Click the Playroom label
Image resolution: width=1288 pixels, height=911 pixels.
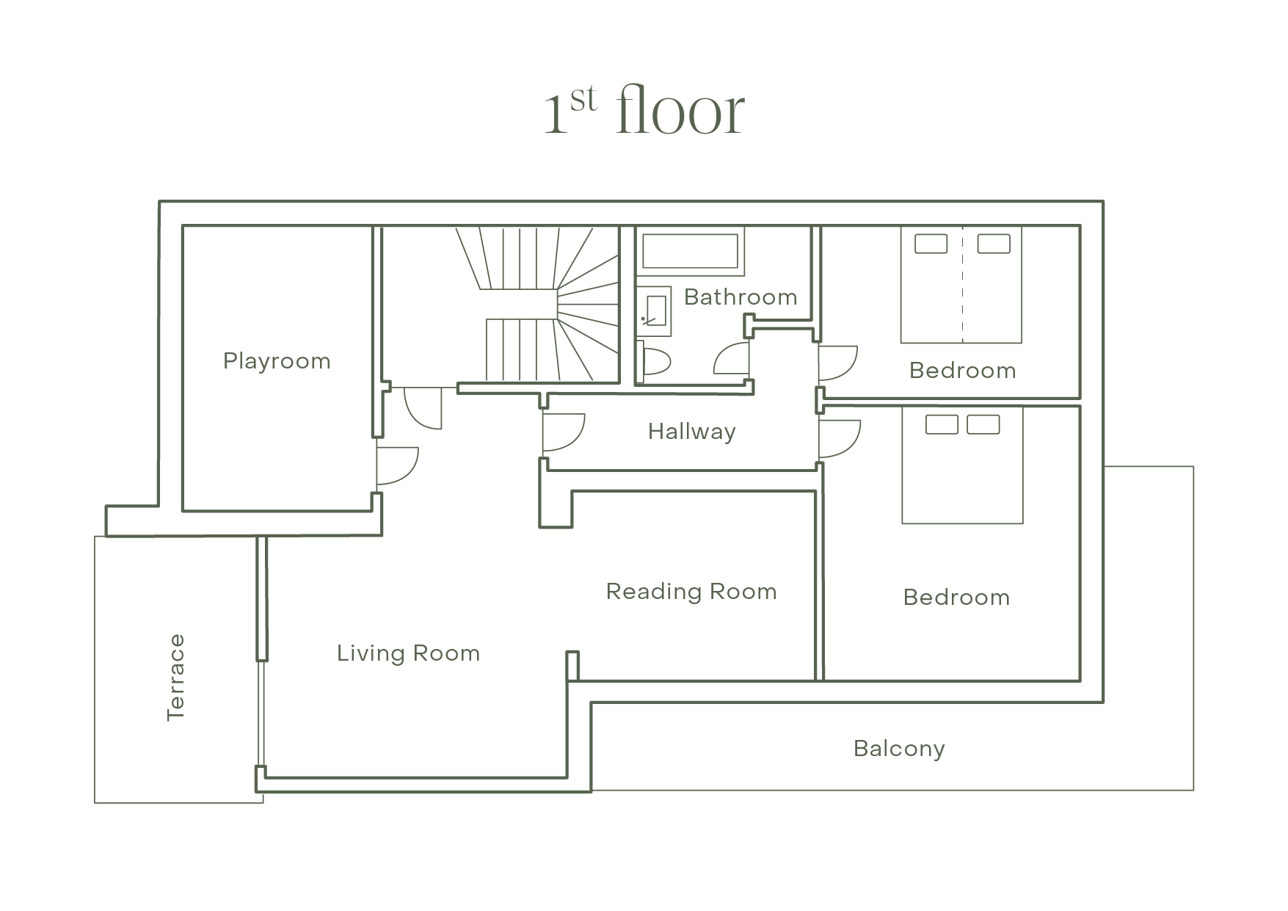point(277,361)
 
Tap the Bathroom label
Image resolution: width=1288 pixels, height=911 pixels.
point(741,297)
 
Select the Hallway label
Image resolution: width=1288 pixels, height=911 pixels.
point(692,432)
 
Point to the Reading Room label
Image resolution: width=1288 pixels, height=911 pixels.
point(691,592)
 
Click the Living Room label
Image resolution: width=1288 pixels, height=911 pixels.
point(409,653)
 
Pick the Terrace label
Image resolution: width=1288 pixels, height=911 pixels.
point(176,678)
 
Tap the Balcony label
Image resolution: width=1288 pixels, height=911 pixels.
point(899,749)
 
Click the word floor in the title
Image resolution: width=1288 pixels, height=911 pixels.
point(681,111)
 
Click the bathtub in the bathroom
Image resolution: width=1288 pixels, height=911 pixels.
point(690,251)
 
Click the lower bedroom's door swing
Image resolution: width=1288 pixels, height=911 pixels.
point(840,438)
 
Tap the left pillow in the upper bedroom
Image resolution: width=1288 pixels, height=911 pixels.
point(931,244)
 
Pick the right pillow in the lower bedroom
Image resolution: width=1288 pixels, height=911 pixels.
point(983,424)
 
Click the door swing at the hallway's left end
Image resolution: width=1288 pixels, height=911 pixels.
point(564,433)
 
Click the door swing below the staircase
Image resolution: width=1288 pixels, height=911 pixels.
point(423,408)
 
